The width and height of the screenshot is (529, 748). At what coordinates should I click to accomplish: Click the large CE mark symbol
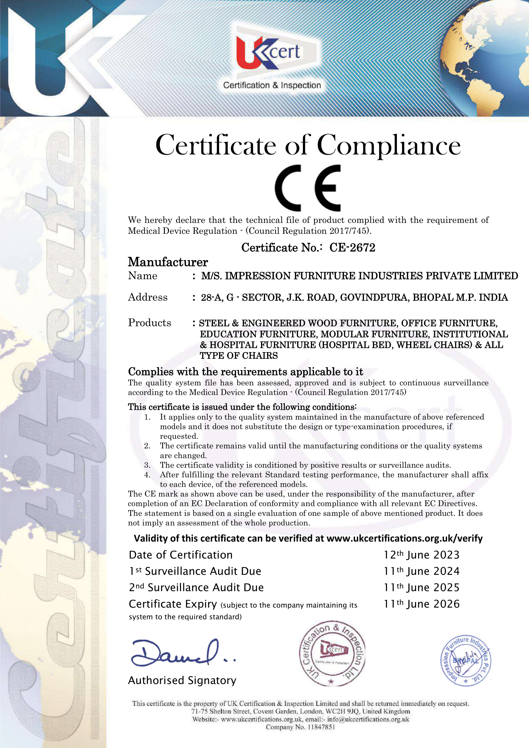pyautogui.click(x=307, y=188)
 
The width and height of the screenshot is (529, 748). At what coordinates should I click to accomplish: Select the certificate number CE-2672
pyautogui.click(x=352, y=248)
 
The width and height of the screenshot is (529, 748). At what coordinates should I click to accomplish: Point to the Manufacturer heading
pyautogui.click(x=168, y=262)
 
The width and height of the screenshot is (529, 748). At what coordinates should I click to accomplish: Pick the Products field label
pyautogui.click(x=149, y=323)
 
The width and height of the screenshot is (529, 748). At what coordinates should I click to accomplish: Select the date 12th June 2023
pyautogui.click(x=422, y=555)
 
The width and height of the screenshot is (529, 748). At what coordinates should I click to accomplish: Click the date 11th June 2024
pyautogui.click(x=422, y=571)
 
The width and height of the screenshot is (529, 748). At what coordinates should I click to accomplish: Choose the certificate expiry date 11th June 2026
pyautogui.click(x=422, y=604)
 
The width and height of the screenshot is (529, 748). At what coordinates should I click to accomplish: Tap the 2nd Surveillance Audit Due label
pyautogui.click(x=196, y=588)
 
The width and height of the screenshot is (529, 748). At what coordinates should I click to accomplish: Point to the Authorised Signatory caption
pyautogui.click(x=182, y=681)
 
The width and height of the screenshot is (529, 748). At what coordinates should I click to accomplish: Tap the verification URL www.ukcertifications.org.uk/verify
pyautogui.click(x=404, y=539)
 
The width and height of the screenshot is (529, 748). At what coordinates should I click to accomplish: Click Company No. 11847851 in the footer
pyautogui.click(x=300, y=727)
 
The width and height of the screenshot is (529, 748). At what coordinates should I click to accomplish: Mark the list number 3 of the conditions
pyautogui.click(x=147, y=465)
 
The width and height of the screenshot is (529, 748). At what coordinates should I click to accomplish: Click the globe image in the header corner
pyautogui.click(x=489, y=55)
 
